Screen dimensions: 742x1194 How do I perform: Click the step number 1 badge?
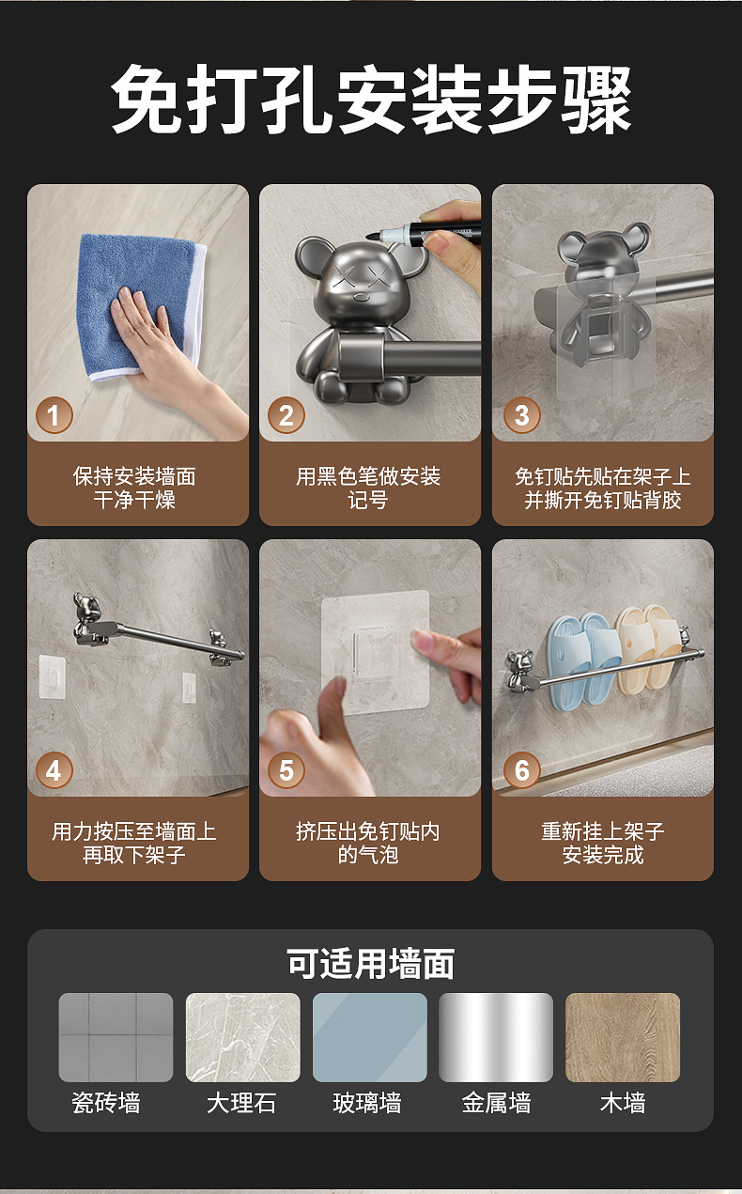54,414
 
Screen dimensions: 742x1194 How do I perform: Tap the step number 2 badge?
286,414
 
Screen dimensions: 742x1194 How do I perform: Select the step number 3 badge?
522,414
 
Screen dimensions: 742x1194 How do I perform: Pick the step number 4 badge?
54,770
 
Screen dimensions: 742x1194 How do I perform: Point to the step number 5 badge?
286,770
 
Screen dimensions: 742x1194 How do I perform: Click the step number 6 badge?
522,770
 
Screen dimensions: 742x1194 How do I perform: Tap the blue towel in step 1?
141,306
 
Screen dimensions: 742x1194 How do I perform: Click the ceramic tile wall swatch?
116,1037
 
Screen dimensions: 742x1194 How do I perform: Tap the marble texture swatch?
243,1037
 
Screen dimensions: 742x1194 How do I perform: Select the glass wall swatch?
370,1037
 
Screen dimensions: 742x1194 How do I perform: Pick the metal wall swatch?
496,1037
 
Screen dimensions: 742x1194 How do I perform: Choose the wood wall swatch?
623,1037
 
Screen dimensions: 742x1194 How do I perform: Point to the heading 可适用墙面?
370,964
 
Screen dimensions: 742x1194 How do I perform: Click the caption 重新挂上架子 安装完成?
603,843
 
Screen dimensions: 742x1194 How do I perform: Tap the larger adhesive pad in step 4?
53,677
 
